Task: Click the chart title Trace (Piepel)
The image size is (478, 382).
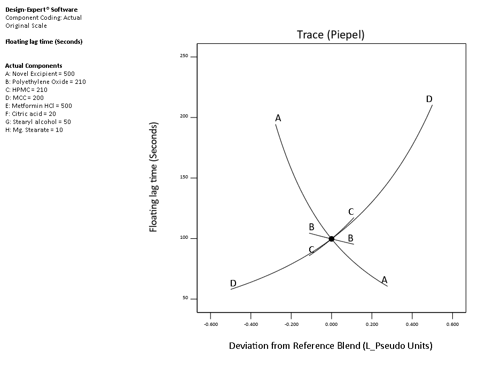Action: pos(330,35)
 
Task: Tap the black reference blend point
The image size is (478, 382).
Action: pos(332,239)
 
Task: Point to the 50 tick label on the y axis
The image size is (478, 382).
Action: pos(185,298)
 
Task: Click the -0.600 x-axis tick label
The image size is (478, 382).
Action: pos(210,324)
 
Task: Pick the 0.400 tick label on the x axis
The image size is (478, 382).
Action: pos(412,324)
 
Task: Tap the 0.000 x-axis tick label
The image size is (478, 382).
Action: pos(332,324)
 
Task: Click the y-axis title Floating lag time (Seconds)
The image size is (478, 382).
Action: pos(153,177)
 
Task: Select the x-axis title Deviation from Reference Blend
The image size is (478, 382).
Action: pos(330,346)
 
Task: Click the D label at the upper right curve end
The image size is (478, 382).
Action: pos(429,99)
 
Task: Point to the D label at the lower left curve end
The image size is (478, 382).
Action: pos(233,283)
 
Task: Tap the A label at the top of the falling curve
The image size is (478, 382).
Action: pos(278,118)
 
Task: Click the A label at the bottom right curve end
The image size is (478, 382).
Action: pos(384,279)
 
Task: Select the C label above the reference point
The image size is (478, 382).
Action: pos(351,212)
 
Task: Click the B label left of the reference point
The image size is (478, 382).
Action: pos(311,227)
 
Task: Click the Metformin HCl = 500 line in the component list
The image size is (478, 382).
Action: pos(38,106)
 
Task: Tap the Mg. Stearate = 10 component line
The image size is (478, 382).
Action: pos(34,130)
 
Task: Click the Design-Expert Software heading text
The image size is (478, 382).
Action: pos(41,10)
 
